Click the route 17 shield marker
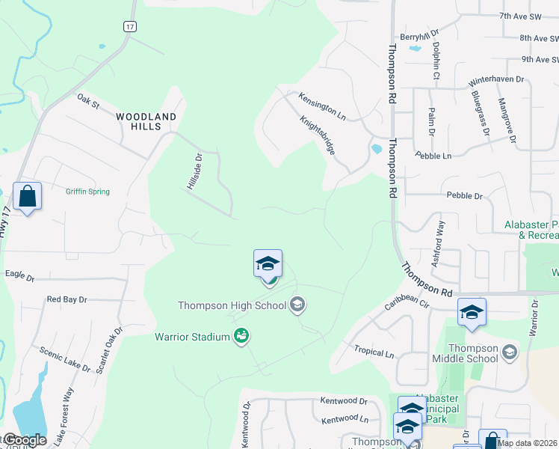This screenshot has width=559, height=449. coord(130,26)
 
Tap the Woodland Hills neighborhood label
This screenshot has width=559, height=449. coord(146,122)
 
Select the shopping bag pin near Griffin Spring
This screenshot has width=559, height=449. coord(27,198)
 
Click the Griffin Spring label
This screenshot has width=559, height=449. coord(87,192)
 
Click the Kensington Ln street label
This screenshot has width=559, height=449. coord(322,107)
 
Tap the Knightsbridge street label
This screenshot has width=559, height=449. coord(318,134)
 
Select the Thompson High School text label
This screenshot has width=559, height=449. coord(232,305)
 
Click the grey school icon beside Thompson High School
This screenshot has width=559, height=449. coord(297,304)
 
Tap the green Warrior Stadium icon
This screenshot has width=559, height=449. coord(241,337)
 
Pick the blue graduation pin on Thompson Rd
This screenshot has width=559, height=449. coord(472,312)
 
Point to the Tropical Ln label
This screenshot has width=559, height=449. coord(374,352)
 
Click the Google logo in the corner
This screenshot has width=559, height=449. coord(23,440)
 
